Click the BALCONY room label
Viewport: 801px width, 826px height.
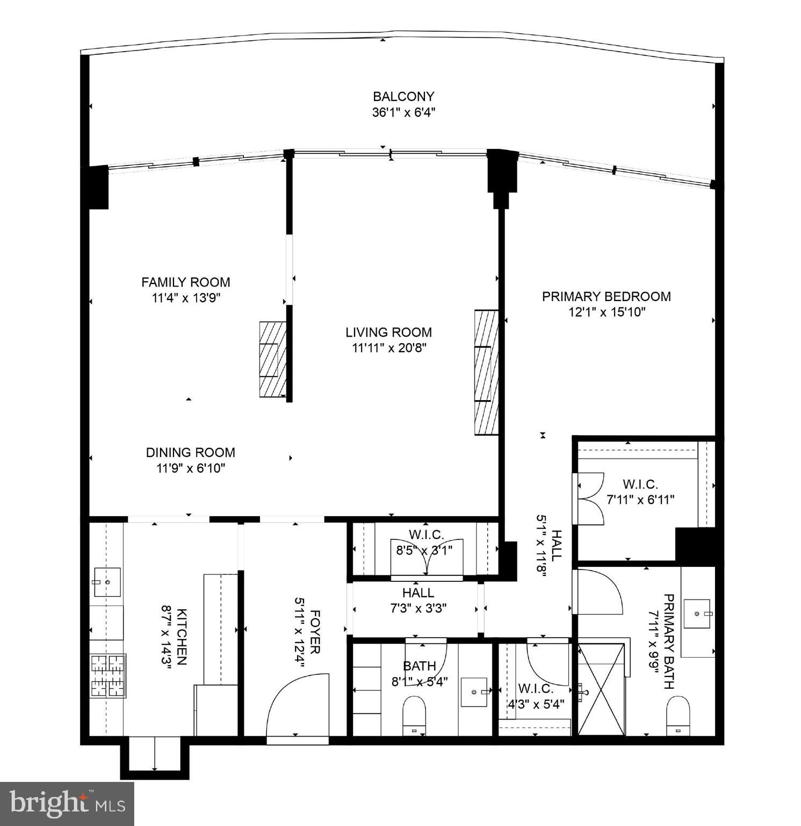point(403,97)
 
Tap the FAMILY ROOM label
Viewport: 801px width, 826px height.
point(186,282)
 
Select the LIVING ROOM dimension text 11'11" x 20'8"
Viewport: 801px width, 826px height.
point(389,348)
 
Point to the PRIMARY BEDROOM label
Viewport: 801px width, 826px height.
point(607,296)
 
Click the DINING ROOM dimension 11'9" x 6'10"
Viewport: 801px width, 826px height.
point(191,468)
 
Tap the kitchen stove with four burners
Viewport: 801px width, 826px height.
point(109,676)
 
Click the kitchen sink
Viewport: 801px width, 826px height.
point(107,582)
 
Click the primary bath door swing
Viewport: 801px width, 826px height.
point(597,592)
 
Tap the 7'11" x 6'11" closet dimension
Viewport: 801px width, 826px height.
point(640,500)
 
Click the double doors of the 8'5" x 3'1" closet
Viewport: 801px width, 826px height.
point(427,558)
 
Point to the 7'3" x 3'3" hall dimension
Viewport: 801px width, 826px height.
point(418,608)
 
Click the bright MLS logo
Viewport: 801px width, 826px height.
point(67,803)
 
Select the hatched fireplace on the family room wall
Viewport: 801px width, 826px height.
point(273,359)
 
